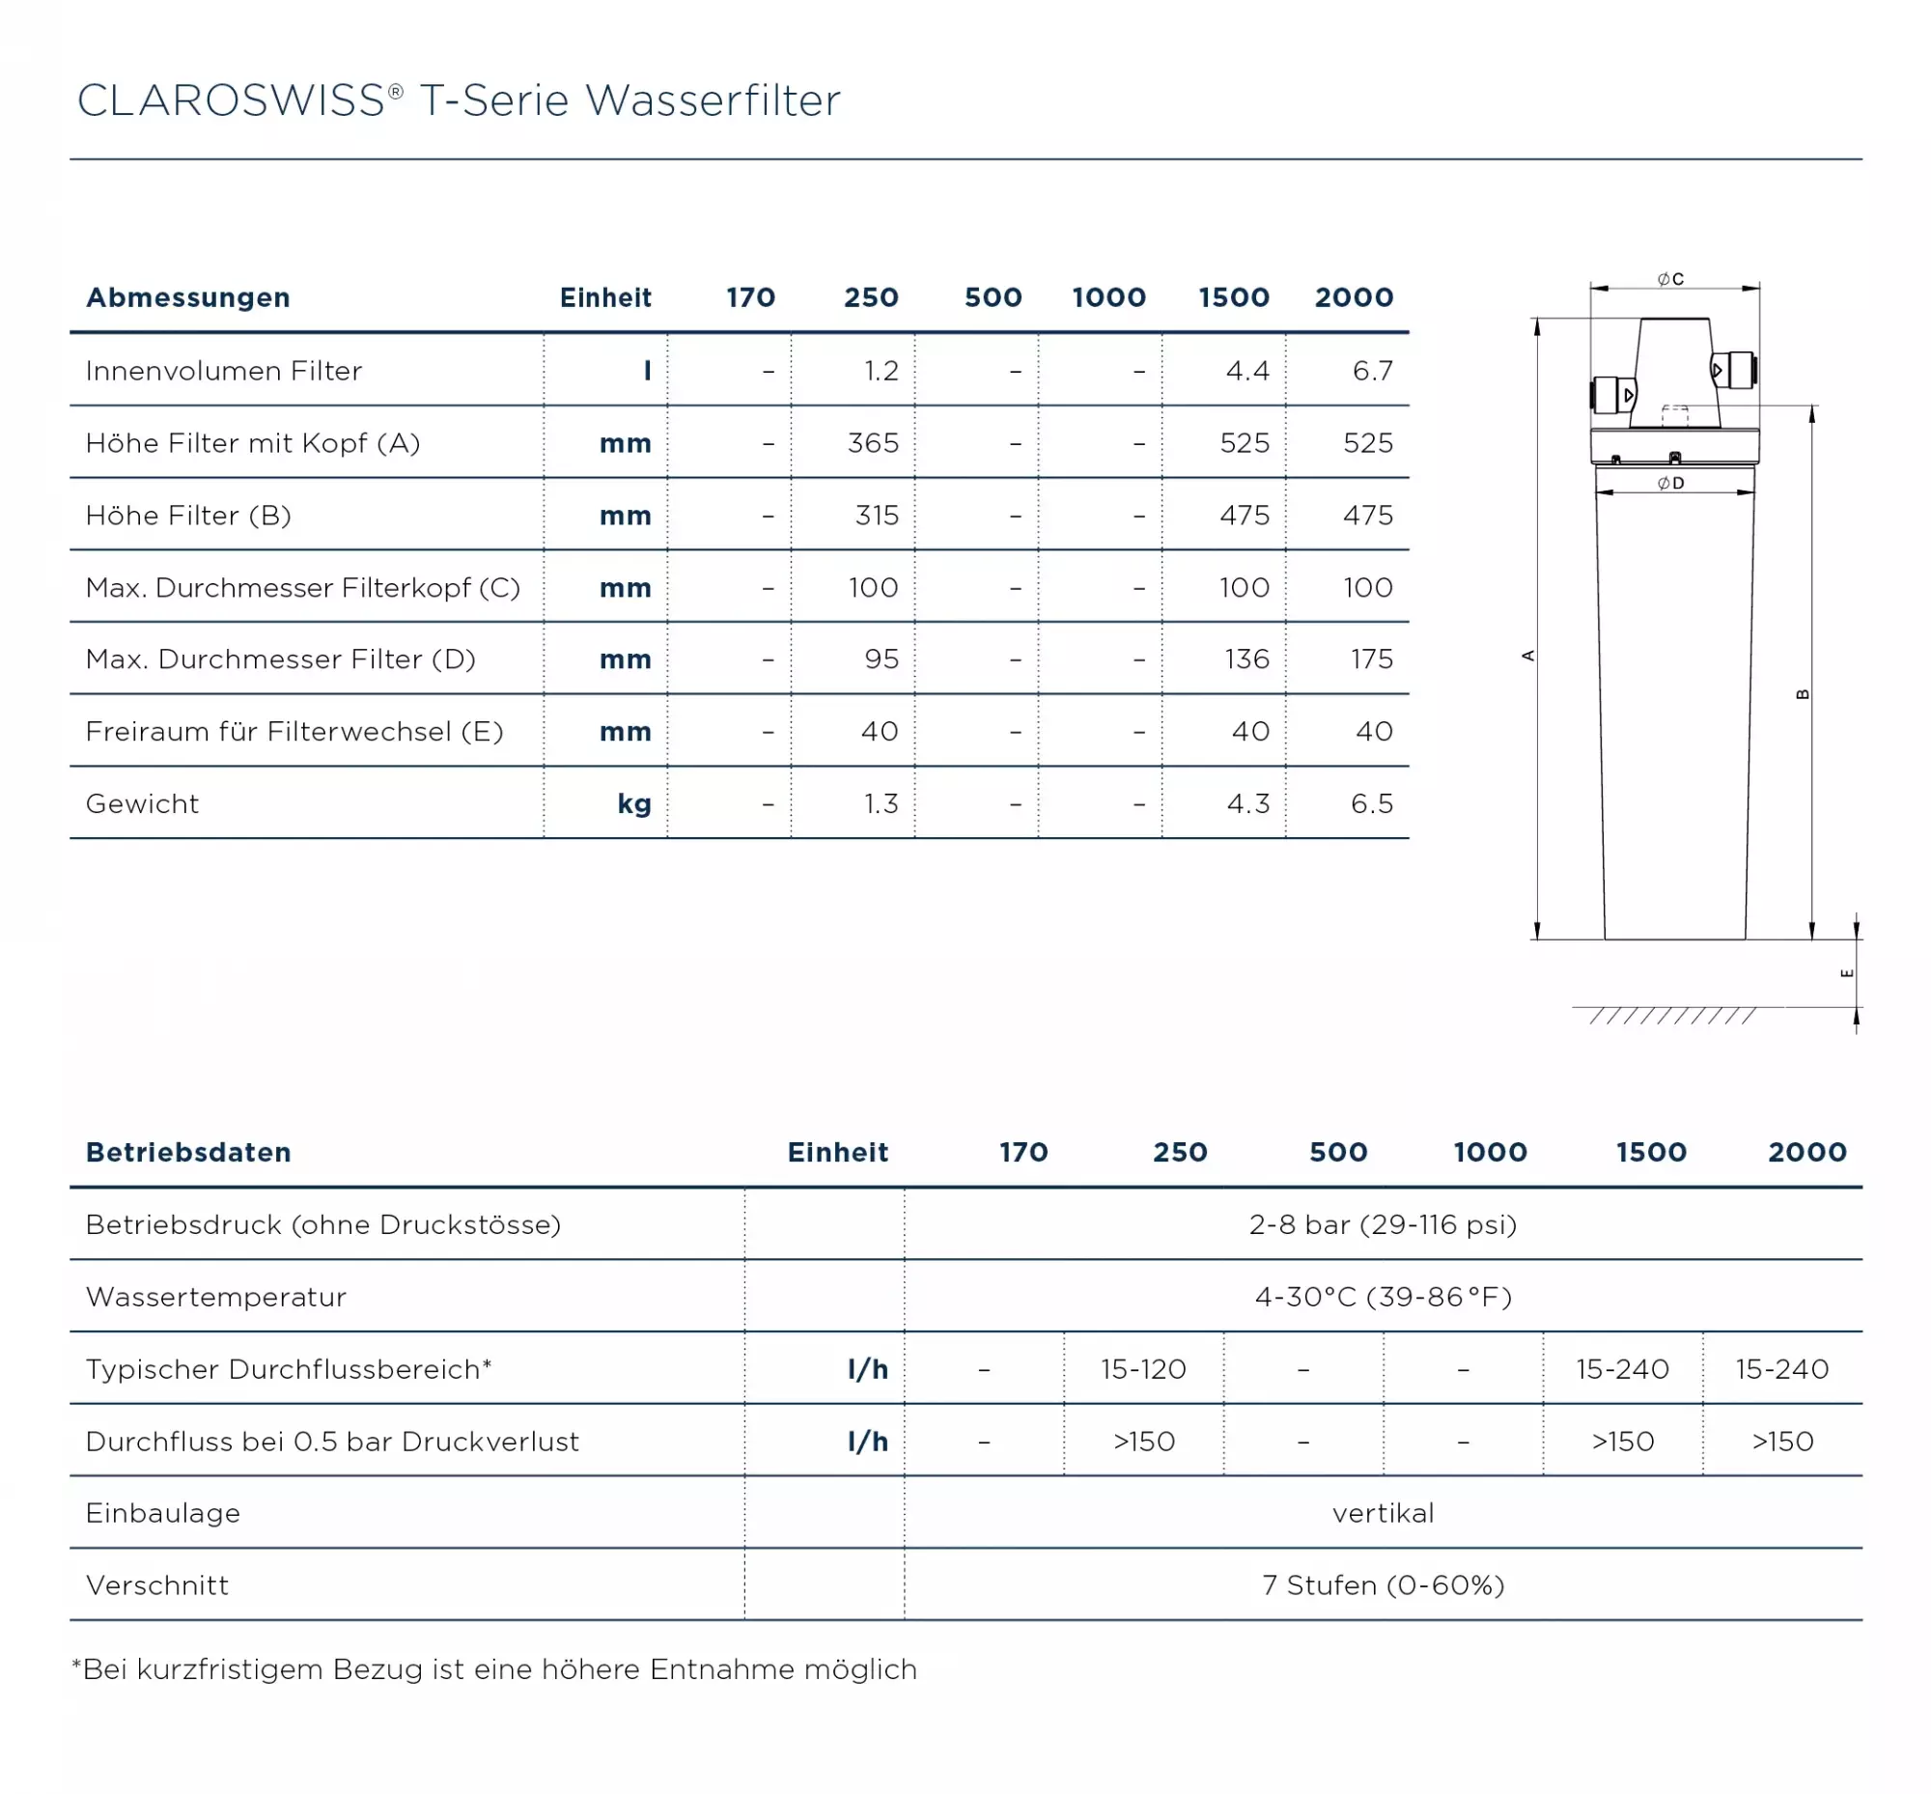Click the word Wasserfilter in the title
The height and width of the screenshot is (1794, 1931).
(714, 101)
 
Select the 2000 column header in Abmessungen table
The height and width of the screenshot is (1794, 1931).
(1354, 297)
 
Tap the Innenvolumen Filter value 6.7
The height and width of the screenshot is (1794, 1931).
(1372, 371)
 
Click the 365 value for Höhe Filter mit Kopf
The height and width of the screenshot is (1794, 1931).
(873, 443)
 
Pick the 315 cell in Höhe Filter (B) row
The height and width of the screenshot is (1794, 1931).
(877, 516)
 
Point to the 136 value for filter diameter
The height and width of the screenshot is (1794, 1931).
(1246, 659)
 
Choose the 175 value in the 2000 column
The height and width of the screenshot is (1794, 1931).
(1371, 659)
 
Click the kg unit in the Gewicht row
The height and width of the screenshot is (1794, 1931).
(634, 803)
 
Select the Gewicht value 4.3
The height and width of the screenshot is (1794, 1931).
(1247, 803)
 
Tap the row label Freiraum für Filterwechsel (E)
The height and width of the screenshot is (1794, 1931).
(294, 732)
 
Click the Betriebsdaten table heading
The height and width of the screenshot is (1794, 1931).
(188, 1152)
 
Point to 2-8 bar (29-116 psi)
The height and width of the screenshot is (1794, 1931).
(1383, 1225)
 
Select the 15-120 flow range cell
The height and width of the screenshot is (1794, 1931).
(1143, 1370)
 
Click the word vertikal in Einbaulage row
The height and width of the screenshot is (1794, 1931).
(1383, 1513)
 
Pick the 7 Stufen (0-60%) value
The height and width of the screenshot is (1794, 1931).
(1383, 1586)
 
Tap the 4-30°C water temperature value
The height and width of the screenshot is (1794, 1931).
(1383, 1298)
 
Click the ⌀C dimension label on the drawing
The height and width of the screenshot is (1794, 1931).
(1670, 280)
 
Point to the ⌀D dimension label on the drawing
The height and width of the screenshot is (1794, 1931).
(1670, 484)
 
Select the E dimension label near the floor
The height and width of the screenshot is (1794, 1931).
(1847, 973)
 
